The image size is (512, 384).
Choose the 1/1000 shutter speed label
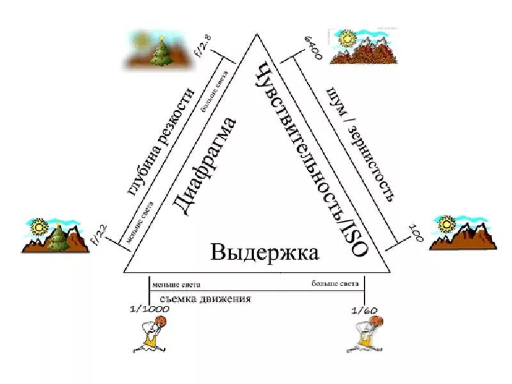pyautogui.click(x=148, y=309)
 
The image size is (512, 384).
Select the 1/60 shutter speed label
pyautogui.click(x=365, y=310)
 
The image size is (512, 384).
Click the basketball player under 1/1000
pyautogui.click(x=151, y=333)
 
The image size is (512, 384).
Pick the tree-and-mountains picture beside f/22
pyautogui.click(x=54, y=234)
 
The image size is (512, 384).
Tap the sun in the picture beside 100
pyautogui.click(x=446, y=223)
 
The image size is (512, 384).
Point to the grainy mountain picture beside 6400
pyautogui.click(x=362, y=46)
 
